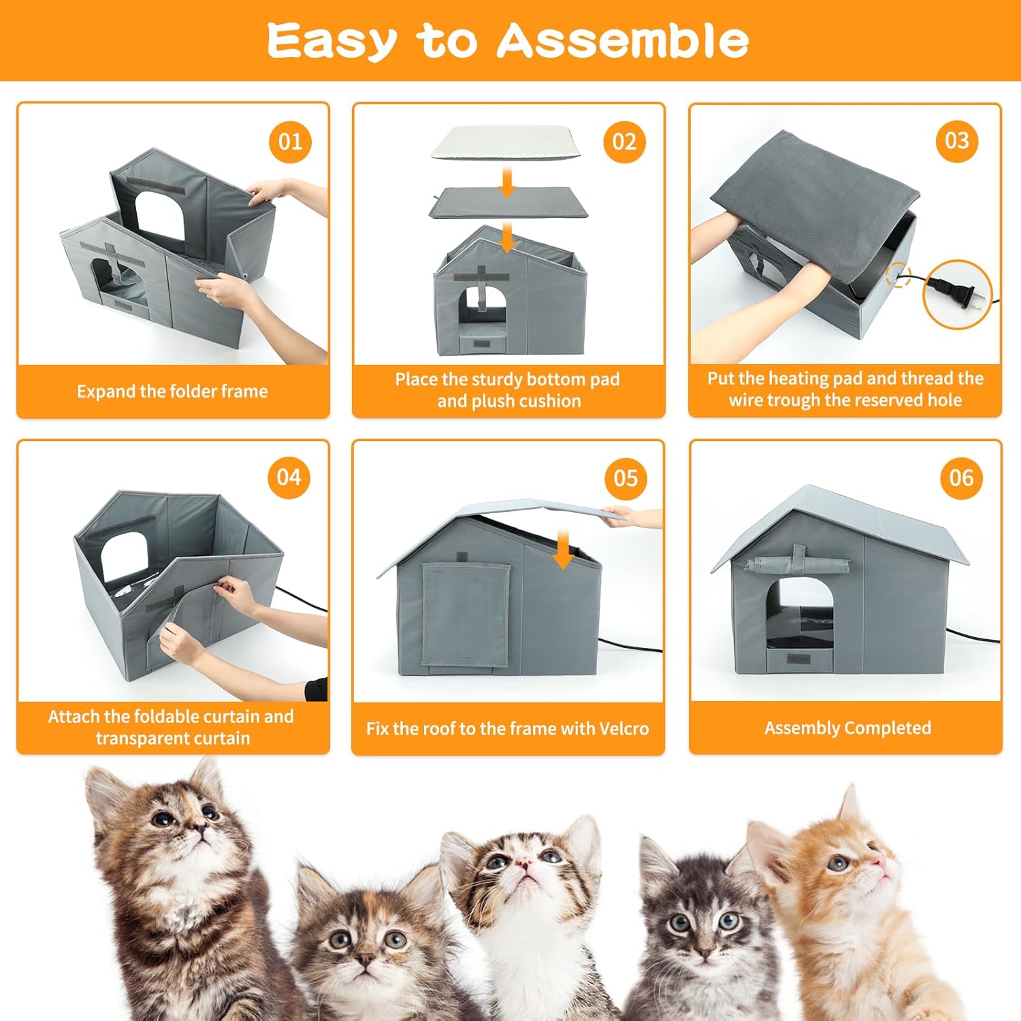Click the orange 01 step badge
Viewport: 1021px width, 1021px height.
tap(291, 142)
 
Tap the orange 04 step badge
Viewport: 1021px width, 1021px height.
tap(289, 477)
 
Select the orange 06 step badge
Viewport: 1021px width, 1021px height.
tap(961, 478)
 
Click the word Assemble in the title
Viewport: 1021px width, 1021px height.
tap(622, 41)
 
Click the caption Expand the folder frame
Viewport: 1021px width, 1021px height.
tap(172, 391)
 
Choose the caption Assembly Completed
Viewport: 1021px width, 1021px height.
tap(847, 728)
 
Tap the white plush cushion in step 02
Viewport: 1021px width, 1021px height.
tap(507, 144)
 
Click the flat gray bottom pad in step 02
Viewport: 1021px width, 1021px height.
tap(507, 204)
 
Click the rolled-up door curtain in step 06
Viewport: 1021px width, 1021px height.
tap(798, 564)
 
